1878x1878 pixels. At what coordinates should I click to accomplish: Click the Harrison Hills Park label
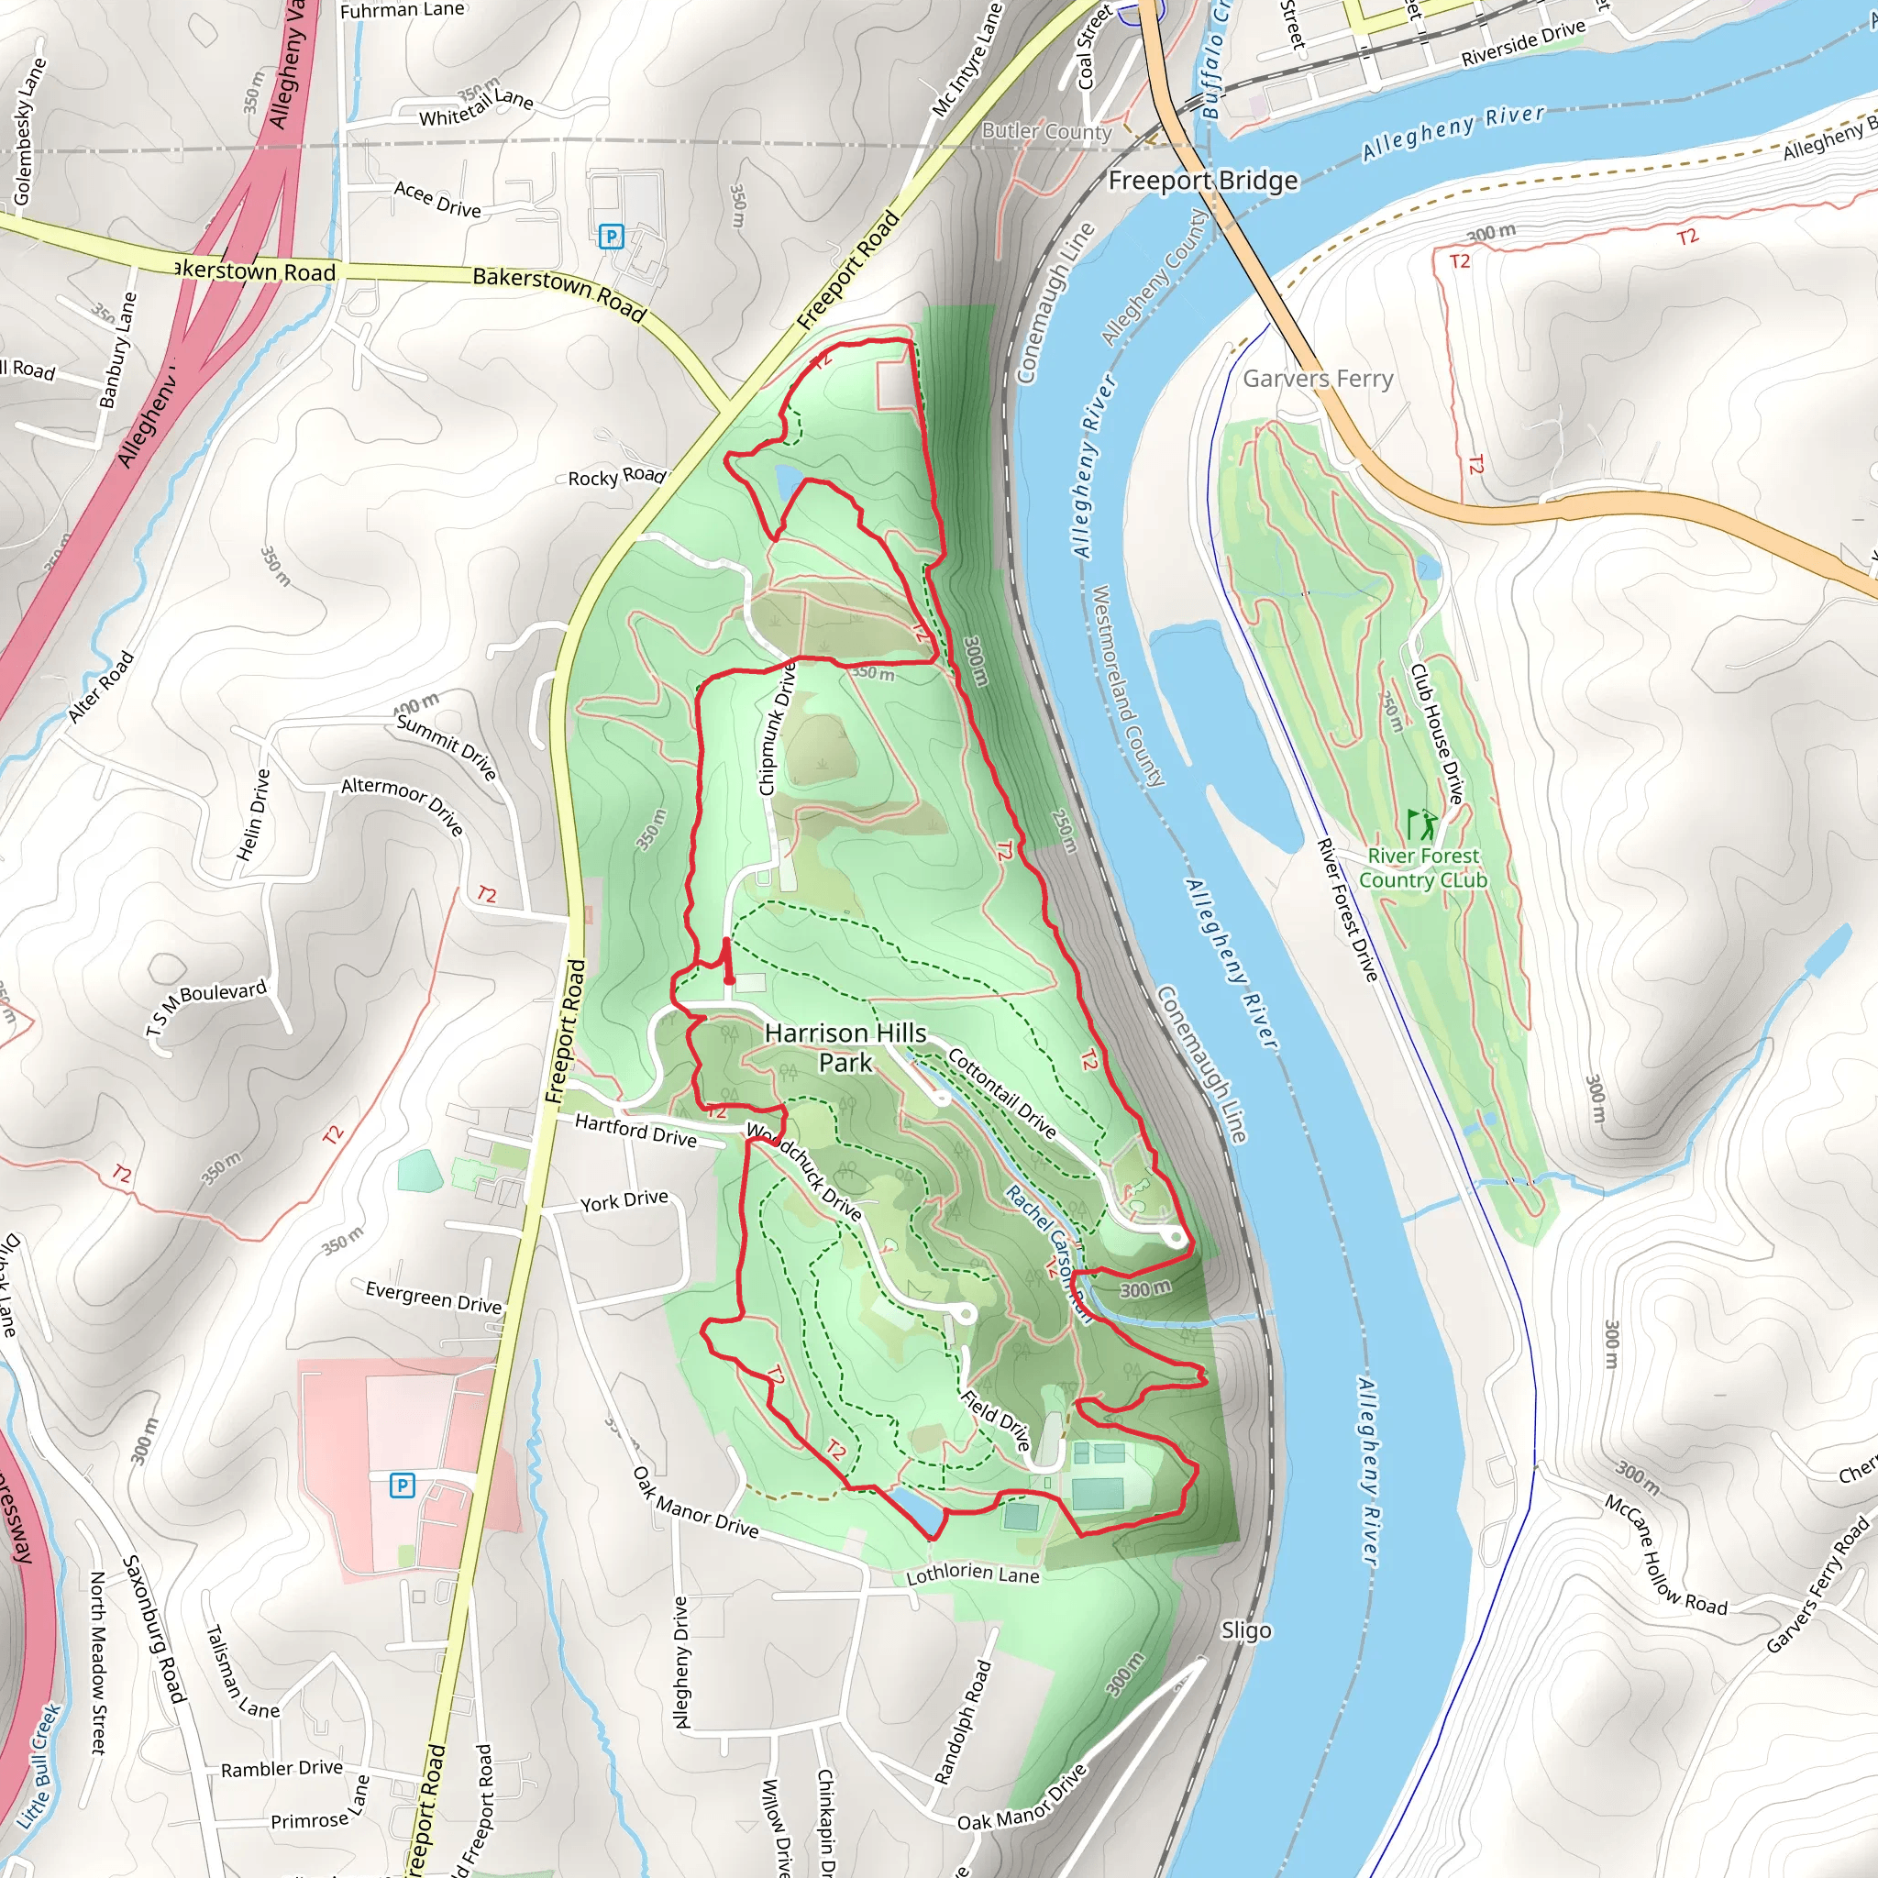(845, 1047)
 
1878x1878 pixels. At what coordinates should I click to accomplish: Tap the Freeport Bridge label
(1202, 181)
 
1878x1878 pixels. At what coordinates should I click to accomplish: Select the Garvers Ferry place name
(1317, 378)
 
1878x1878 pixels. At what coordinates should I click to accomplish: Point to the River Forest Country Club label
(1422, 867)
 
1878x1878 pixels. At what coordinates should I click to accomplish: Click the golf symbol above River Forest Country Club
(1420, 823)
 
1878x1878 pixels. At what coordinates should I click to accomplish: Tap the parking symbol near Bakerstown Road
(611, 237)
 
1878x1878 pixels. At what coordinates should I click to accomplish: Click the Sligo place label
(1245, 1630)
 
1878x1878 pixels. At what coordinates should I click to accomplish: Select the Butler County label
(1046, 131)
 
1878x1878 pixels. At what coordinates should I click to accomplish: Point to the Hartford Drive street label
(635, 1131)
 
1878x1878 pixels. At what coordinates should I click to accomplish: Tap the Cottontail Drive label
(1001, 1091)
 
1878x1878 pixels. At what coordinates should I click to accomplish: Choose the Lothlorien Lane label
(972, 1574)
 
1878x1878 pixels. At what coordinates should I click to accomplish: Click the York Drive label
(624, 1200)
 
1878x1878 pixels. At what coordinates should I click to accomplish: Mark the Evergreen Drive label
(434, 1297)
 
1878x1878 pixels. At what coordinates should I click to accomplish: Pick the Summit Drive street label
(447, 746)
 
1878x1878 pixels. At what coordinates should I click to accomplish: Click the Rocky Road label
(616, 477)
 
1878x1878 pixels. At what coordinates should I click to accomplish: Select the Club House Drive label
(1436, 733)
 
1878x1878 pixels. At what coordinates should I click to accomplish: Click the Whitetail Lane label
(476, 107)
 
